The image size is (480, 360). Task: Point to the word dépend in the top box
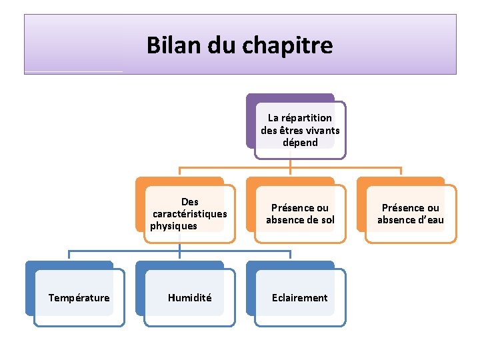click(300, 142)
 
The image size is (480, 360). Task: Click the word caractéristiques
click(190, 214)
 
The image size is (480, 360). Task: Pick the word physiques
click(174, 226)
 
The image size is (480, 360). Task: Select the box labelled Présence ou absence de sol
click(300, 213)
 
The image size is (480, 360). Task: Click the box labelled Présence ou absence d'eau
click(411, 213)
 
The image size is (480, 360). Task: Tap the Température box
click(79, 297)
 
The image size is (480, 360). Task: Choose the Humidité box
click(189, 297)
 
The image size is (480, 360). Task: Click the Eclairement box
click(300, 297)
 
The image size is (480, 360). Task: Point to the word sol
click(327, 220)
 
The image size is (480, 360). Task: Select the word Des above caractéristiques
click(190, 202)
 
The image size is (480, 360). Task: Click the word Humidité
click(189, 298)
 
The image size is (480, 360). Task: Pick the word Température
click(79, 298)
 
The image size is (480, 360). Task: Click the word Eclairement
click(300, 298)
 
